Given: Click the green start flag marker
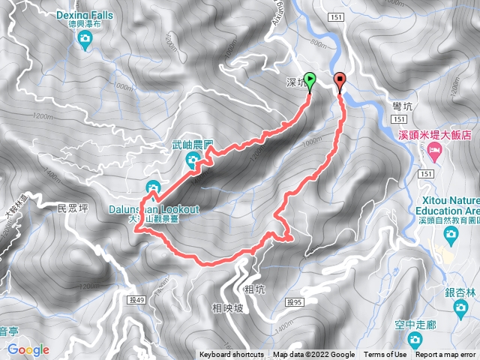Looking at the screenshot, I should [x=310, y=82].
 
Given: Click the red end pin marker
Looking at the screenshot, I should [x=340, y=81].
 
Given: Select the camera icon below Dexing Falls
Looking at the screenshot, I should [x=85, y=40].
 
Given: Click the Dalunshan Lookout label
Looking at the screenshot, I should [x=154, y=210].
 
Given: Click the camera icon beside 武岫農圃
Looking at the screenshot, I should [x=193, y=158].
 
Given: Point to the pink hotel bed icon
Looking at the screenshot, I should [x=435, y=151].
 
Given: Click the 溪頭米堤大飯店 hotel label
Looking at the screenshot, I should [x=434, y=136].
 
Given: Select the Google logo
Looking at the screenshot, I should [x=28, y=349].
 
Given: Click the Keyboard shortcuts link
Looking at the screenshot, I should [x=232, y=355].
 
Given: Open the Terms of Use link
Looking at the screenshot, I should [x=385, y=355].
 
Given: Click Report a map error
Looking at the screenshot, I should [x=445, y=355].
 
